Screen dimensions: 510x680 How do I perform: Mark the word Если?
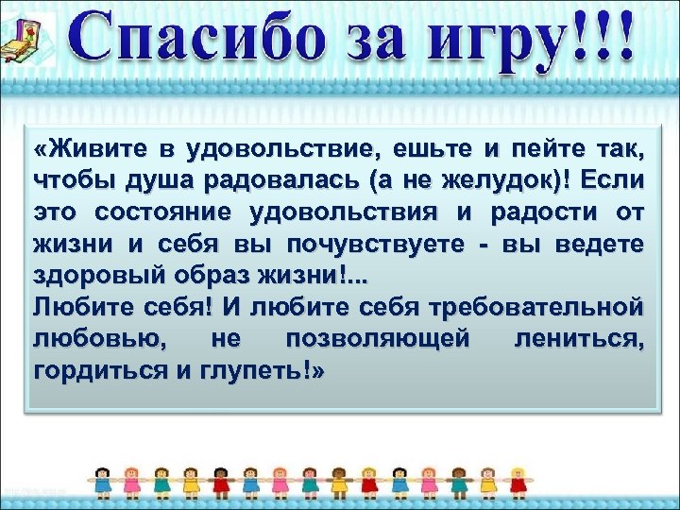pos(613,179)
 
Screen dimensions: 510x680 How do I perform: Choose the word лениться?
pos(579,338)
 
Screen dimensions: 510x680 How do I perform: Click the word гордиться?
pos(86,370)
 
